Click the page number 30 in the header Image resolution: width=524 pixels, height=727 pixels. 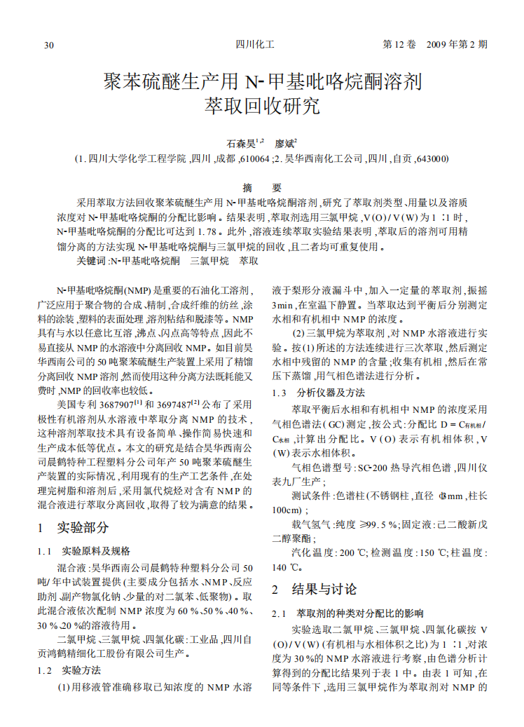(49, 46)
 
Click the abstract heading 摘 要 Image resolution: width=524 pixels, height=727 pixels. (261, 188)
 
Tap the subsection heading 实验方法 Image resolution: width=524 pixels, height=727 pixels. (82, 670)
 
